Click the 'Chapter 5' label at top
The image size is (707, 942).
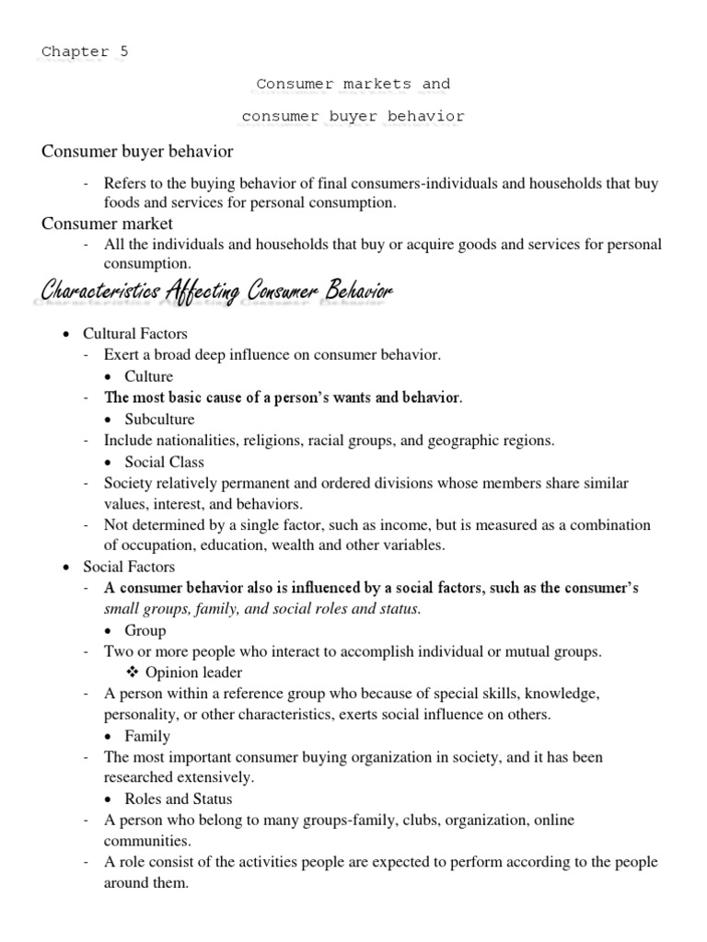point(85,52)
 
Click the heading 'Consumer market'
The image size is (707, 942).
point(107,224)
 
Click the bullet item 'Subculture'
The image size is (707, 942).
point(159,419)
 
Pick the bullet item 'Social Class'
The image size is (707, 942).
point(164,462)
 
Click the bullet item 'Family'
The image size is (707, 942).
point(147,736)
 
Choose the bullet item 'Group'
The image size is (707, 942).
point(145,631)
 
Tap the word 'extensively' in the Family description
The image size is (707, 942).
point(216,777)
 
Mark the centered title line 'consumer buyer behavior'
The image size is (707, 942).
point(353,117)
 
